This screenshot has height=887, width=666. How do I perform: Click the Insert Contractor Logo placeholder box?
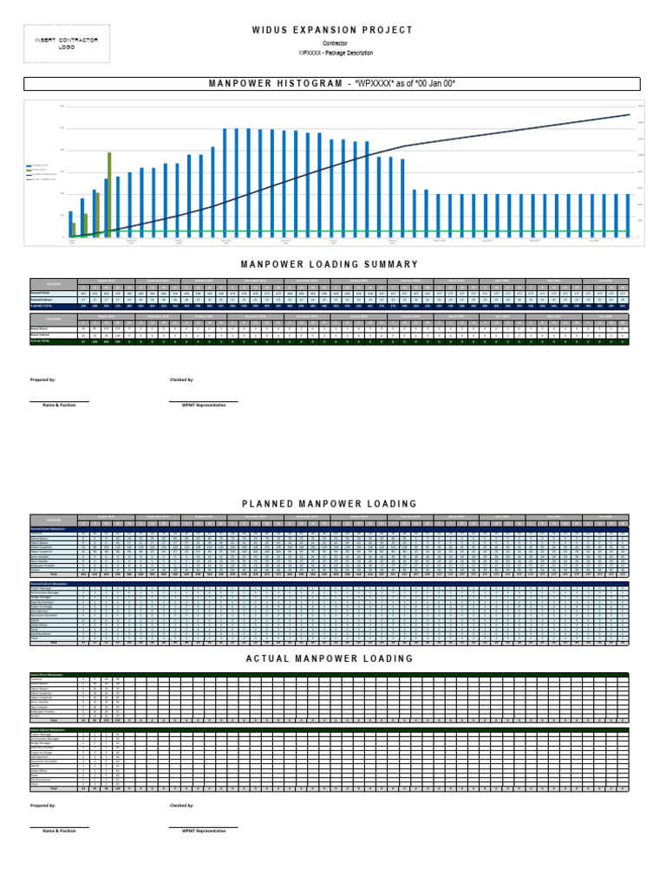66,43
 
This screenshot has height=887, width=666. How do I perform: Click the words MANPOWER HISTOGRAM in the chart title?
275,84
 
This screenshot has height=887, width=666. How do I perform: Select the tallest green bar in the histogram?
109,195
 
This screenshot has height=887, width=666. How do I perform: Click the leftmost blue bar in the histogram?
70,224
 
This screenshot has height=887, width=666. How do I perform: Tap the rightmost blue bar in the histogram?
628,215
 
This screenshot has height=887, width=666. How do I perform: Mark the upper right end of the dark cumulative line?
629,114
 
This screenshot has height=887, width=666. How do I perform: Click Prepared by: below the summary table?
42,379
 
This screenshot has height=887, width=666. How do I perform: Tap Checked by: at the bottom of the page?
181,805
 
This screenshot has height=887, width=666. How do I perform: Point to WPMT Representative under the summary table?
203,405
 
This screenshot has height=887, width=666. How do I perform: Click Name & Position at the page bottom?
59,831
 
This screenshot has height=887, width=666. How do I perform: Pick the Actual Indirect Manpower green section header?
52,730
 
